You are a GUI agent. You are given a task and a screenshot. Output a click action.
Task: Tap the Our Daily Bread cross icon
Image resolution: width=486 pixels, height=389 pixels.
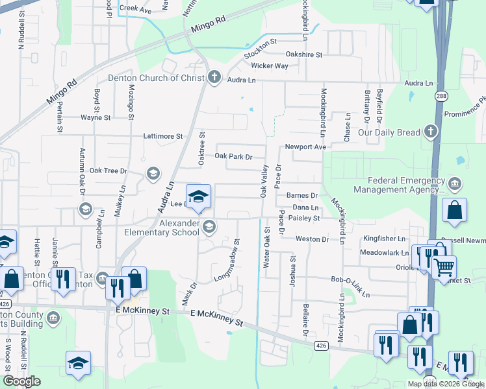(x=429, y=132)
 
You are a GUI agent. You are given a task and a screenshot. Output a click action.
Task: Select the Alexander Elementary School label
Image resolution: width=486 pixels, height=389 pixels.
(x=162, y=228)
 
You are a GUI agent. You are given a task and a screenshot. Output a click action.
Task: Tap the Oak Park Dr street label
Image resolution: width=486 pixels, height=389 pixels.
(x=233, y=156)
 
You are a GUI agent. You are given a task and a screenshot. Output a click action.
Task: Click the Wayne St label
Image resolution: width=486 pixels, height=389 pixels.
(x=96, y=118)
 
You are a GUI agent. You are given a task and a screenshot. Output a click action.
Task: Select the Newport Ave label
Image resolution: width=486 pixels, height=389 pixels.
(x=305, y=147)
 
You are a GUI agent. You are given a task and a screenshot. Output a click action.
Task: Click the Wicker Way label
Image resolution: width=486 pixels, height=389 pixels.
(x=270, y=66)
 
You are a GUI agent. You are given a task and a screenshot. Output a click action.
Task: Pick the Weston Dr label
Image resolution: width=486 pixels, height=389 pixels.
(x=312, y=239)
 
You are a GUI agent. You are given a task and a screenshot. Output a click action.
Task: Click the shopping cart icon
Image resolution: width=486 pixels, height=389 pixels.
(x=444, y=266)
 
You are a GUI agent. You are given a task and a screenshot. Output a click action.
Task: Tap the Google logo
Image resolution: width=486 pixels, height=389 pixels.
(x=21, y=381)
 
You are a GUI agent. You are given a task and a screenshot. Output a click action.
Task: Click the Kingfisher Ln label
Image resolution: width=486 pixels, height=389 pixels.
(x=384, y=239)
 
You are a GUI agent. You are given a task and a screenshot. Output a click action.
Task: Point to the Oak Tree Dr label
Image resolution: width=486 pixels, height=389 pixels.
(x=109, y=171)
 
